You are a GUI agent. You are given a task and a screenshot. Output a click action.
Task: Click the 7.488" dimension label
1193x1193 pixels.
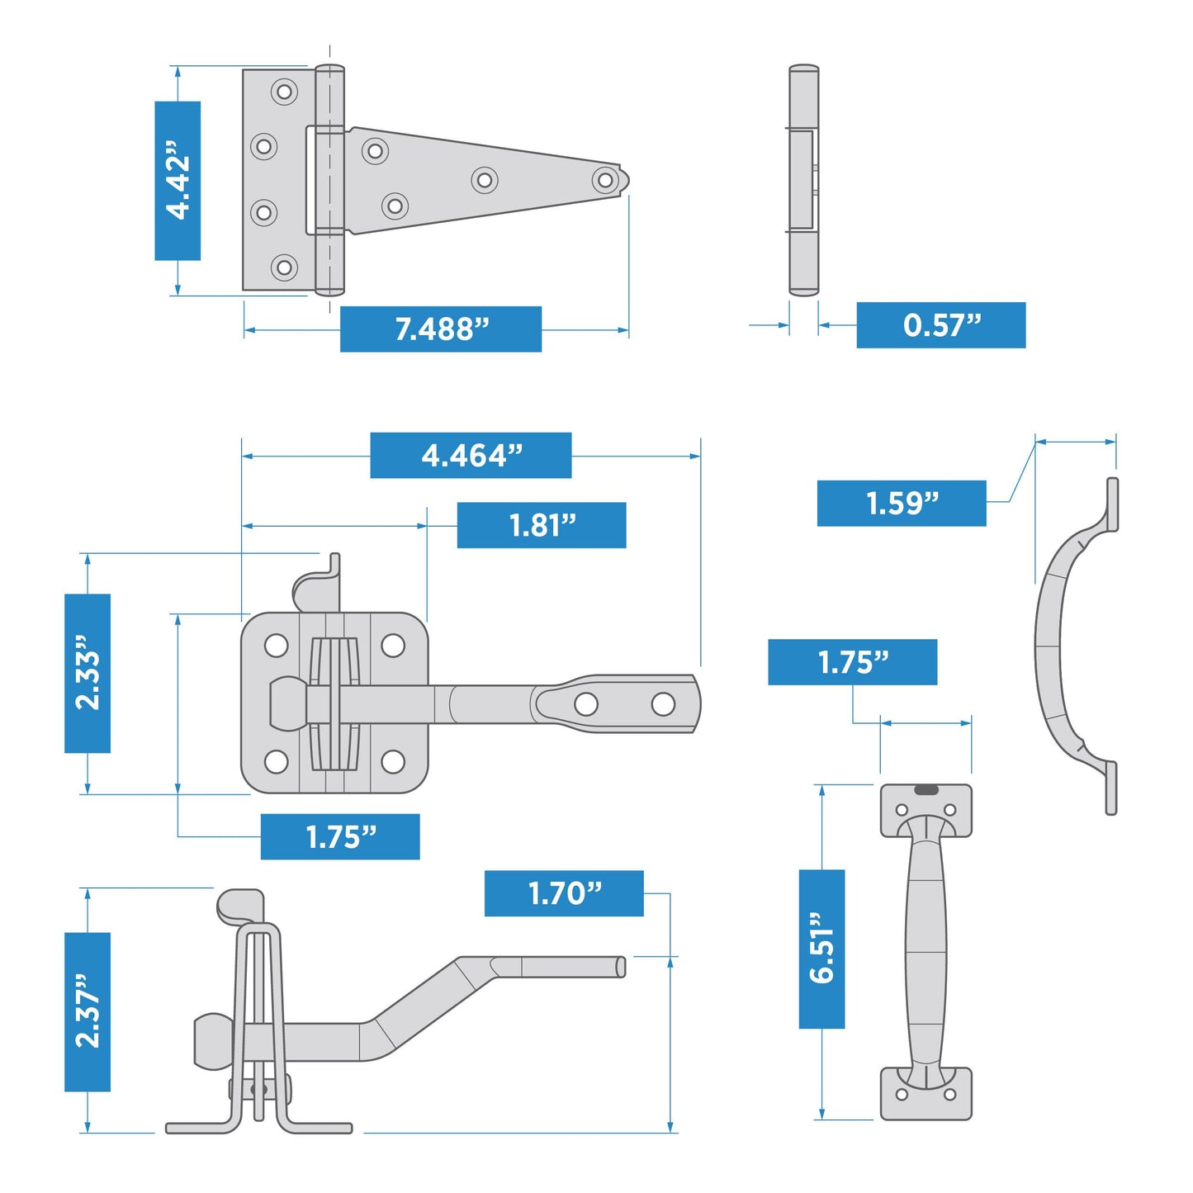click(x=441, y=329)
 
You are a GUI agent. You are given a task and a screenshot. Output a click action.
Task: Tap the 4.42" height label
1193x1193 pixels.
click(x=178, y=181)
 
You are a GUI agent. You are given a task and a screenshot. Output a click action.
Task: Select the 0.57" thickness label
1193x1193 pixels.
click(x=941, y=325)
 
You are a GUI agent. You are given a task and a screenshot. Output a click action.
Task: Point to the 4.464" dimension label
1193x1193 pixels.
click(x=471, y=455)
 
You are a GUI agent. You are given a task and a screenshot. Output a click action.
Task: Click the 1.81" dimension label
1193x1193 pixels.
click(x=542, y=525)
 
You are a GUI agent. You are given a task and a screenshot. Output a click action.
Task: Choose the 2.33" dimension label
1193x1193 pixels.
click(x=88, y=673)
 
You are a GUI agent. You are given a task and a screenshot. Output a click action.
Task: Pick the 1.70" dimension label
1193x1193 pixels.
click(x=564, y=893)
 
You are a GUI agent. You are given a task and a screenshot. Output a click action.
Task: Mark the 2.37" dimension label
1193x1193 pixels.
click(x=88, y=1012)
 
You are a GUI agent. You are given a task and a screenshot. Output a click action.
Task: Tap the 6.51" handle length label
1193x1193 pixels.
click(x=821, y=949)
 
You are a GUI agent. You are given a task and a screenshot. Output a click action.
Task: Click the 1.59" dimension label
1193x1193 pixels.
click(x=902, y=503)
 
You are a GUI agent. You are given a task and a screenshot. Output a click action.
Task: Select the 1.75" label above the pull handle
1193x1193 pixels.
click(x=852, y=662)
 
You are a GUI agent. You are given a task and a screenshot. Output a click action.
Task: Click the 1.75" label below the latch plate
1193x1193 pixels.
click(x=340, y=837)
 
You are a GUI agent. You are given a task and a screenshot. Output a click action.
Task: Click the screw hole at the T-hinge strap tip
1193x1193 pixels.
click(x=605, y=179)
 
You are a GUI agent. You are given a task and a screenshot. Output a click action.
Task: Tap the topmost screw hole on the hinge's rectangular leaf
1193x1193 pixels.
click(x=284, y=91)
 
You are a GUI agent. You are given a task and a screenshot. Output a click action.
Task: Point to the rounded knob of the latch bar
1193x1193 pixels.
click(x=287, y=703)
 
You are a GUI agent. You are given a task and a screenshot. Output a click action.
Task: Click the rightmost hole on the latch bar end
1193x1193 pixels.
click(x=663, y=704)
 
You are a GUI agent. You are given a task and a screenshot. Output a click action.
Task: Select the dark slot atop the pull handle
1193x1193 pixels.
click(x=926, y=790)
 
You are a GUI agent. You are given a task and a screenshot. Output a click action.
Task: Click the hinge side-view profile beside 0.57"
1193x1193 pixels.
click(x=803, y=180)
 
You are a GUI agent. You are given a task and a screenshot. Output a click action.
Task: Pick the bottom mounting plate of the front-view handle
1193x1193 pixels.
click(x=926, y=1094)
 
